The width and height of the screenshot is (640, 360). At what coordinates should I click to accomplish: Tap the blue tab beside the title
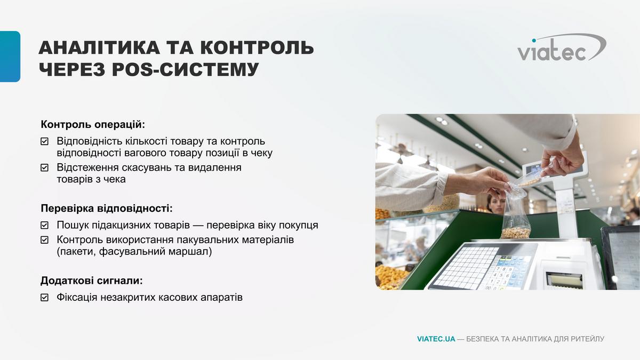point(10,57)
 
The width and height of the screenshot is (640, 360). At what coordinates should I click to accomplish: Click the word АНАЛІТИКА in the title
point(99,47)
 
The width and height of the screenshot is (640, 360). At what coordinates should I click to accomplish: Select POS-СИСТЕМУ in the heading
point(185,69)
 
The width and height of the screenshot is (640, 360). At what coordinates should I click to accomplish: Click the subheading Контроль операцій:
point(93,125)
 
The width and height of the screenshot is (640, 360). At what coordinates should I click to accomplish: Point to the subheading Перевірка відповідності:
point(107,209)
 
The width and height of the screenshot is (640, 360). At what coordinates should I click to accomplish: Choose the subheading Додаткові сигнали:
point(91,281)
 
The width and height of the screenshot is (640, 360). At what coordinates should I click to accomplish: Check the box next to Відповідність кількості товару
point(45,141)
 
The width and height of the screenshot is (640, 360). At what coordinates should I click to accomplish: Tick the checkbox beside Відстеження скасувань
point(45,167)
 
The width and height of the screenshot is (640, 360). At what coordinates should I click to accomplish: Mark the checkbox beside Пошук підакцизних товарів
point(45,225)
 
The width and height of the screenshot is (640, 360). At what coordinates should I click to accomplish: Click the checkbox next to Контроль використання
point(45,239)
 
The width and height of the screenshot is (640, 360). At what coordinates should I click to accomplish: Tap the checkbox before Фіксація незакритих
point(45,298)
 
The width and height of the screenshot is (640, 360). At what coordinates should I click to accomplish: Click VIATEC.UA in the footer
point(436,339)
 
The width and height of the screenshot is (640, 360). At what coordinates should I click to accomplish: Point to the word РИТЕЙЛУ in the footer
point(587,339)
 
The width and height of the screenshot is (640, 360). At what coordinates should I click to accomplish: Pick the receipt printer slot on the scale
point(564,281)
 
